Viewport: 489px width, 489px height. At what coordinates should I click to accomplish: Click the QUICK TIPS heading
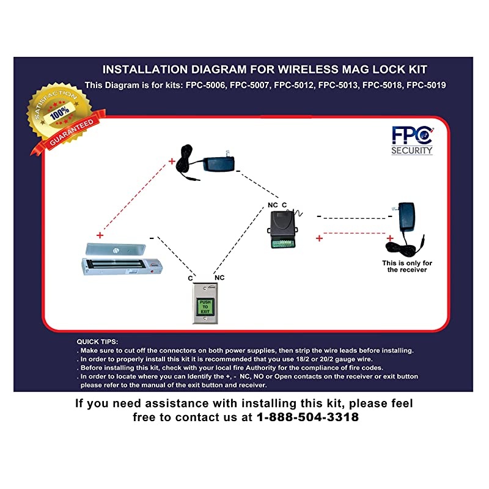tap(98, 341)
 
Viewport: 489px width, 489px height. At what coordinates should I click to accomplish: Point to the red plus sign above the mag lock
tap(100, 235)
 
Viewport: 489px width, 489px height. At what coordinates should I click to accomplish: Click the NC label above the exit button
tap(219, 278)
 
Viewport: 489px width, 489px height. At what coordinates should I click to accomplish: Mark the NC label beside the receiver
tap(273, 205)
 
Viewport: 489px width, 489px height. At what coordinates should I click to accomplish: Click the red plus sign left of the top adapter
tap(172, 161)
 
